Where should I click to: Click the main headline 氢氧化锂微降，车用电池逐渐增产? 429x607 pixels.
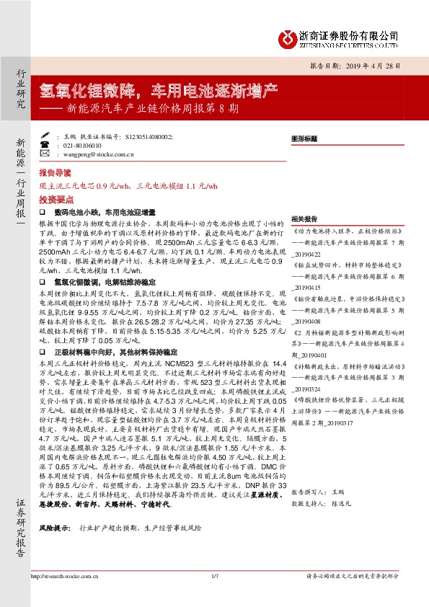point(159,90)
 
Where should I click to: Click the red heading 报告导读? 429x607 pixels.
point(55,174)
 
